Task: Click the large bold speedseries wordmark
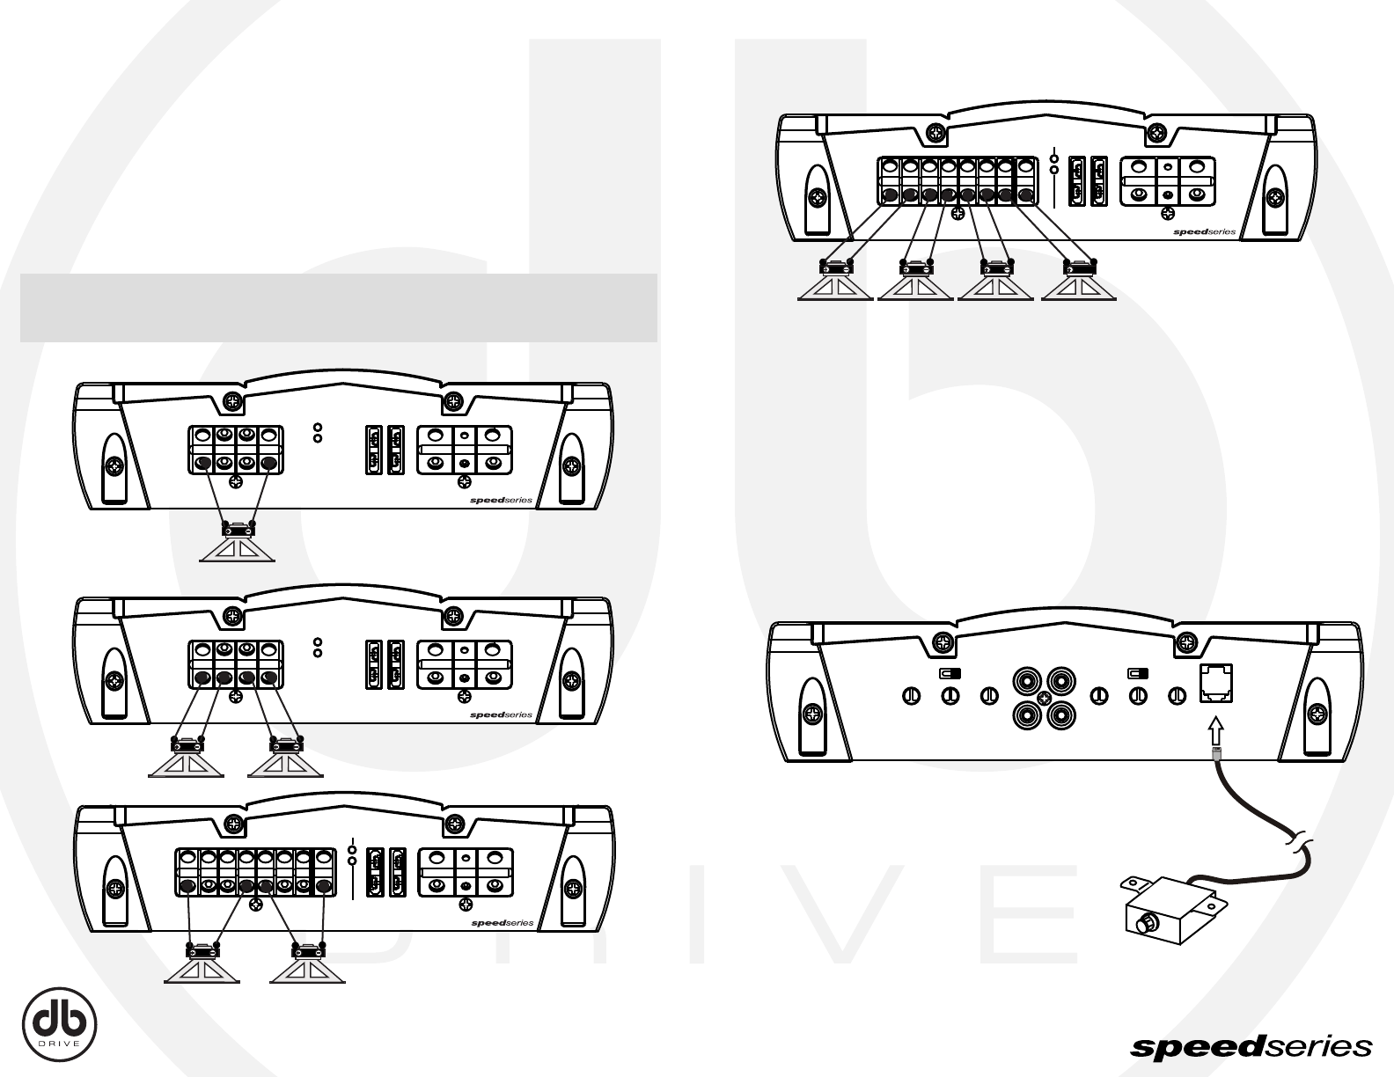pos(1251,1047)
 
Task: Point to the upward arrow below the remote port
pos(1217,729)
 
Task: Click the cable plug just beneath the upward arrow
pos(1217,754)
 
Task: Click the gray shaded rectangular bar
pos(339,307)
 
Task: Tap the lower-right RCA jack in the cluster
pos(1060,714)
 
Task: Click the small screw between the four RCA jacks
pos(1044,697)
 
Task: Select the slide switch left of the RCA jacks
pos(950,674)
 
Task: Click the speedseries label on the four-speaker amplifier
pos(1204,232)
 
